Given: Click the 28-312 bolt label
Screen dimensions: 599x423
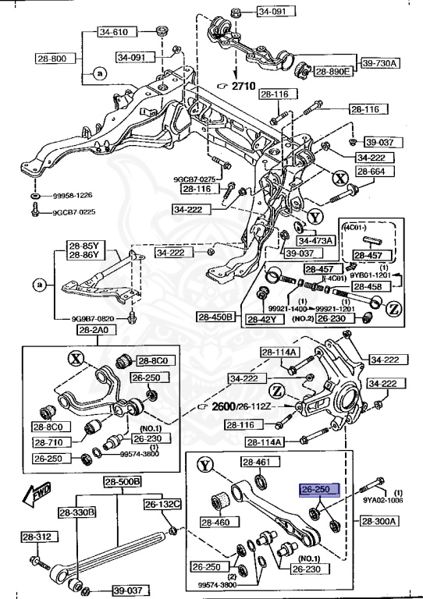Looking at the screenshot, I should (36, 537).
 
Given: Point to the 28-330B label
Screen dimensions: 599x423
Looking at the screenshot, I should (76, 512).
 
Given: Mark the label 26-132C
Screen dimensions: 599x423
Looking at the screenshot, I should (162, 504).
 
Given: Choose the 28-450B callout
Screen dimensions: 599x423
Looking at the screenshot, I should (215, 317).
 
